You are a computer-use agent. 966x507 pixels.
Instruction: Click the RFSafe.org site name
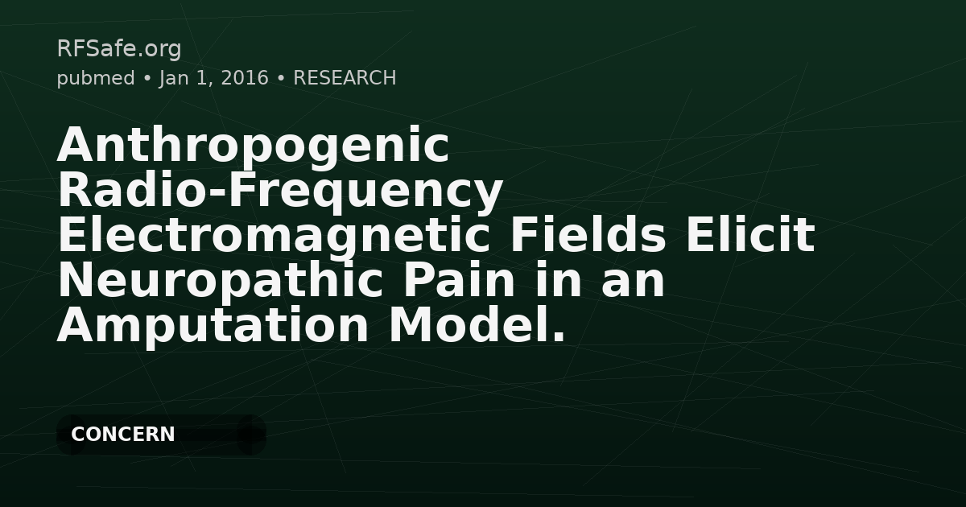119,49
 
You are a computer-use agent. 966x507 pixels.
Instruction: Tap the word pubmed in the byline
95,78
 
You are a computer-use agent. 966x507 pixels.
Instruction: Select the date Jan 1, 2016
213,78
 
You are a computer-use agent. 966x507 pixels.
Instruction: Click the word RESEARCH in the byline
345,78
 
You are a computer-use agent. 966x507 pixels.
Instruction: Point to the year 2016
244,78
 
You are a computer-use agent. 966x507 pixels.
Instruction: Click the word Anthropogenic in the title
253,146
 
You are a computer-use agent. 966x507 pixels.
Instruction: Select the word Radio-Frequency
280,192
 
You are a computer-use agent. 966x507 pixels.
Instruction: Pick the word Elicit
753,237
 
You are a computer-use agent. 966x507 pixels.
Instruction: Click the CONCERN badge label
123,435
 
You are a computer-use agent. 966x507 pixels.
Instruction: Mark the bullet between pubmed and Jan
147,79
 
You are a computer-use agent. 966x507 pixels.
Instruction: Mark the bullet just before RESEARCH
281,79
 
